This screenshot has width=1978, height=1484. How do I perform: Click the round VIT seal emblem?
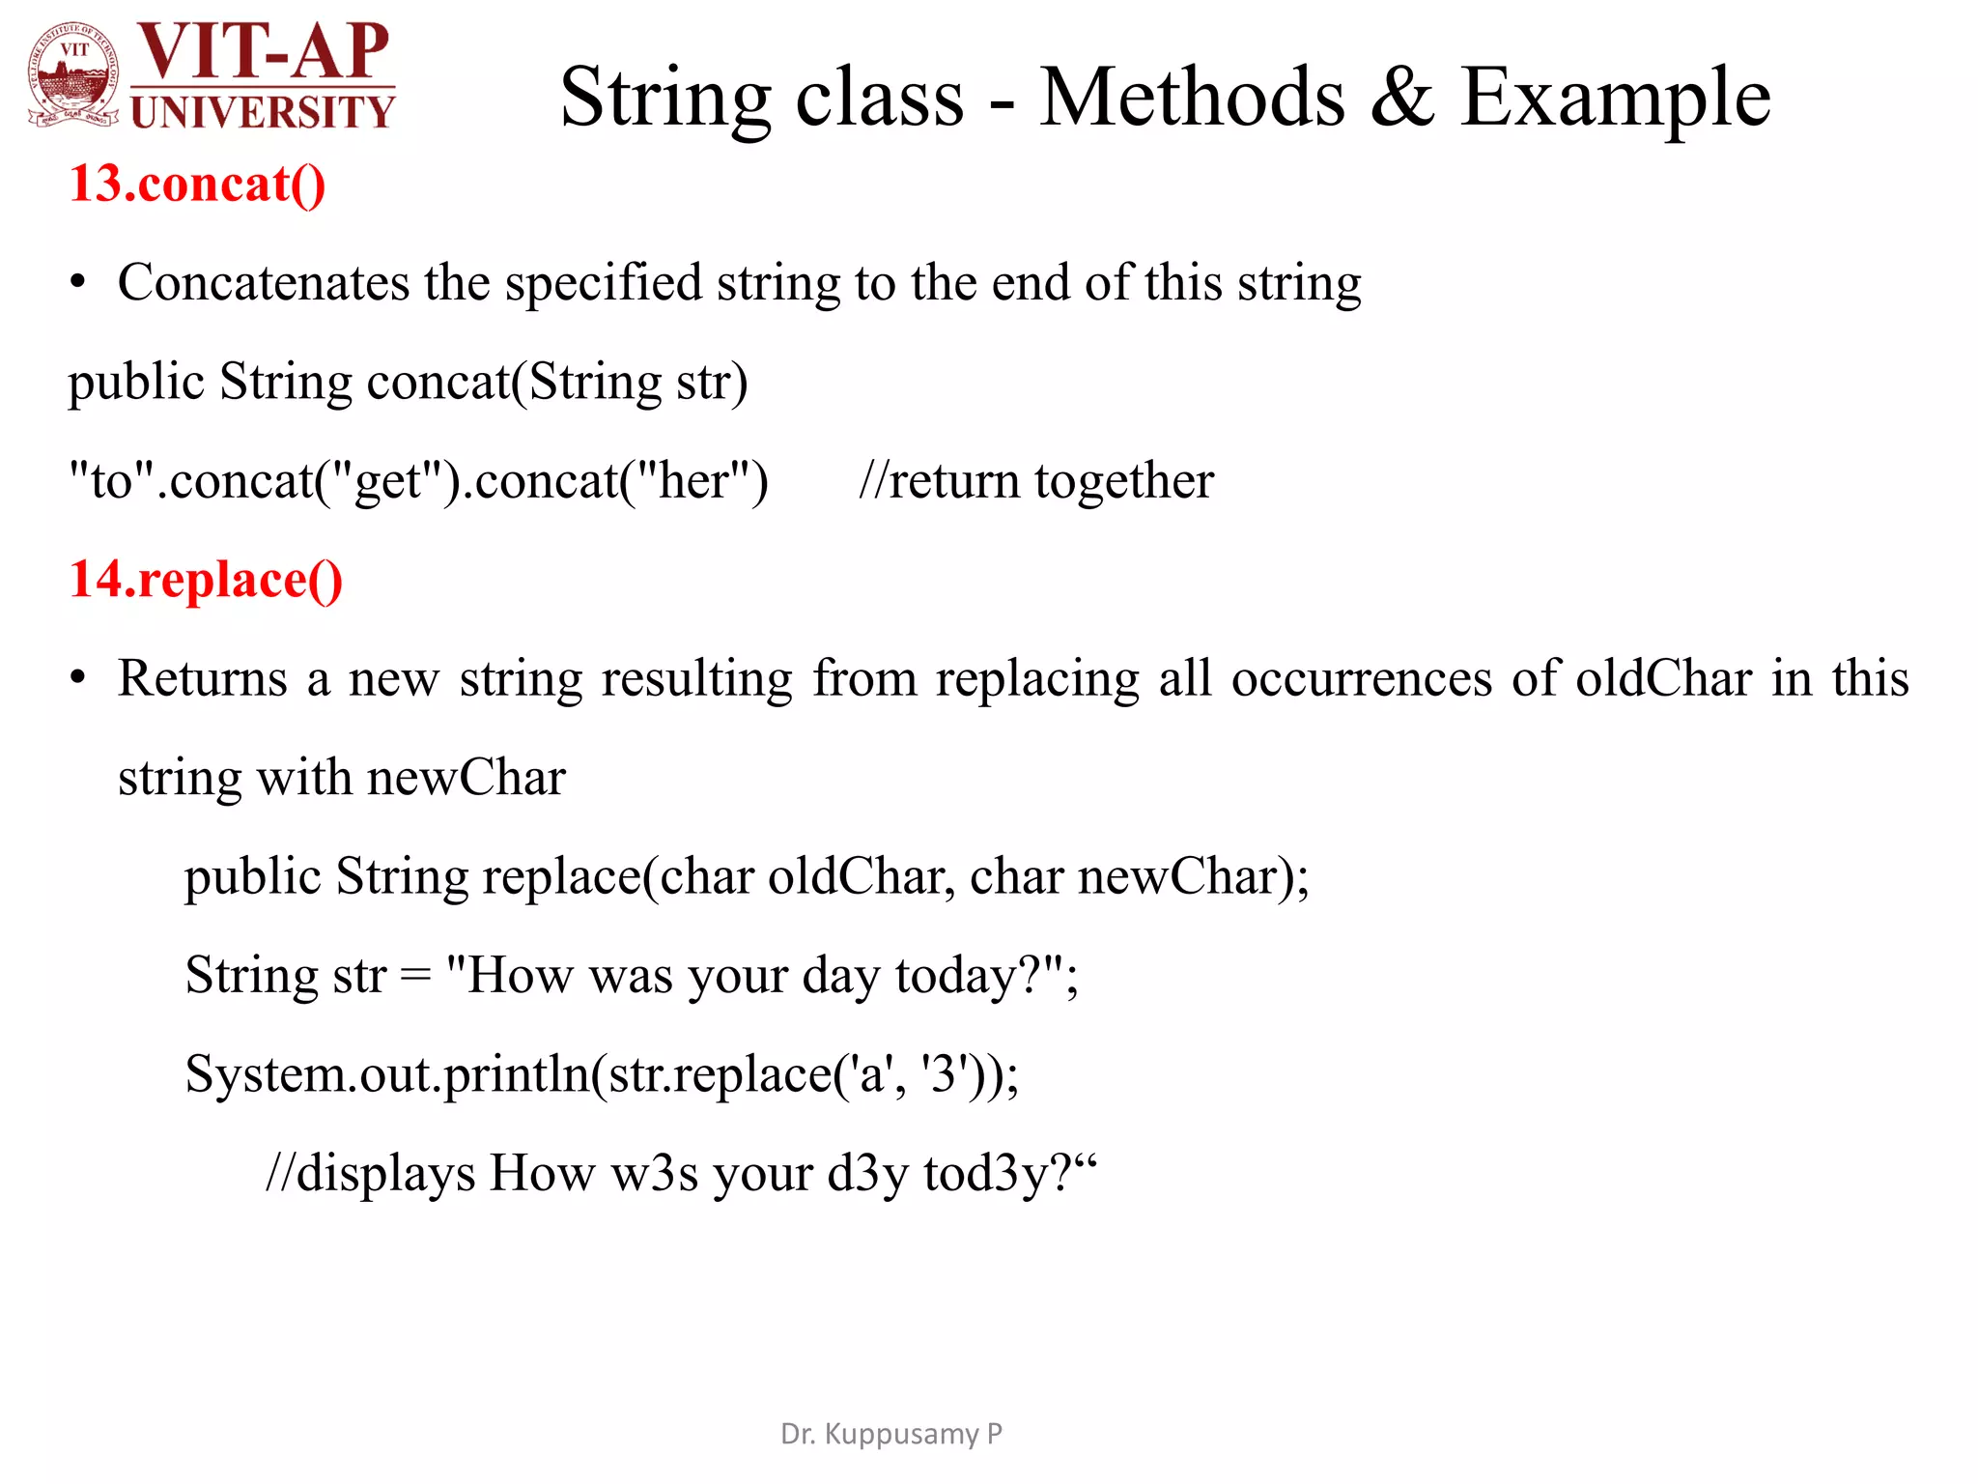click(74, 75)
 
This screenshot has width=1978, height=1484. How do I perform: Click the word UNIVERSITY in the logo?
click(262, 112)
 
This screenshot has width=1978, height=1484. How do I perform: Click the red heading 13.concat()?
click(197, 184)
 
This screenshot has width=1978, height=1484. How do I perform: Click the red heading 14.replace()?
click(206, 580)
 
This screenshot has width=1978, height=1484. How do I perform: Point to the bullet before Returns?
click(78, 679)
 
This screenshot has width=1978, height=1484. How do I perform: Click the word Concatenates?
click(263, 283)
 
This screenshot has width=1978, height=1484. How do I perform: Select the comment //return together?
click(1035, 481)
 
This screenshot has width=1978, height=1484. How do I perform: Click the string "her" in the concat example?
click(693, 481)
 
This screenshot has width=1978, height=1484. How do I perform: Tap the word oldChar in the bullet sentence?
click(1663, 678)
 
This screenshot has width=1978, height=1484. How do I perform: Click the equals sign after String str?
click(415, 976)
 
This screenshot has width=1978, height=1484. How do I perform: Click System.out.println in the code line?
click(386, 1074)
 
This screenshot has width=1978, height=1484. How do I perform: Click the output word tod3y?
click(999, 1174)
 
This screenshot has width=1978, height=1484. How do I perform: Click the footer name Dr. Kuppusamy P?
click(890, 1434)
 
